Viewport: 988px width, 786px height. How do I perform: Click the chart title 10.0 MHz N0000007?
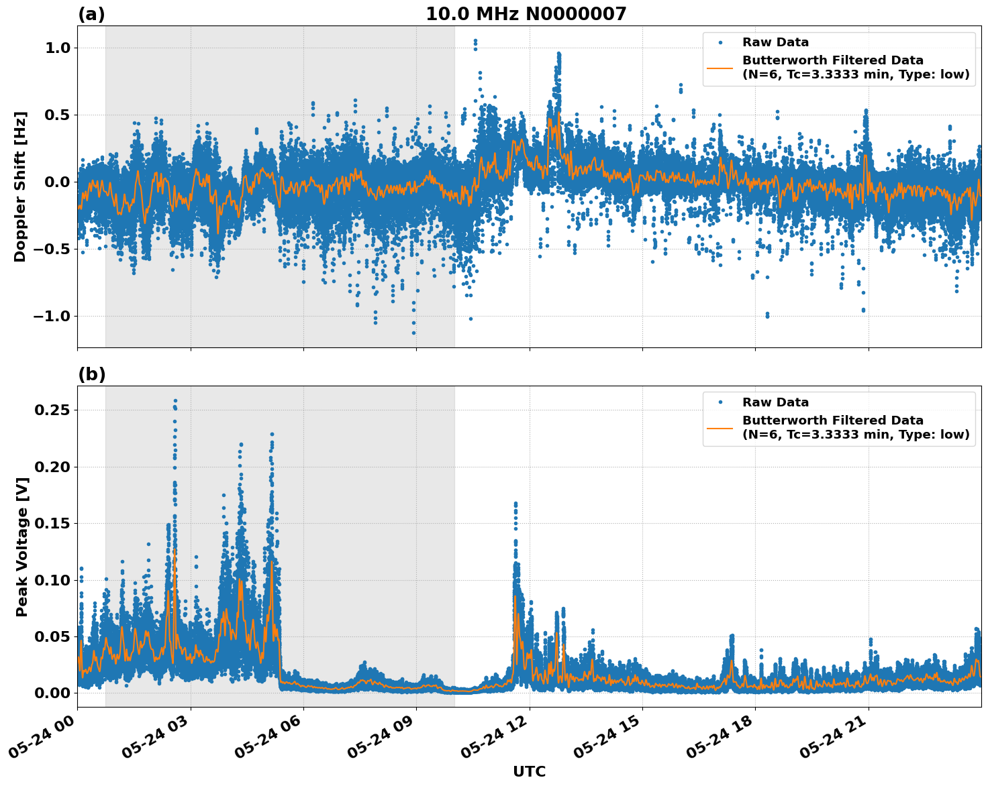pos(526,14)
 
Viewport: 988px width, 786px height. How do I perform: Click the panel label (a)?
pos(91,14)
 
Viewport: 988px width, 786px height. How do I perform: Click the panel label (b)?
pos(91,374)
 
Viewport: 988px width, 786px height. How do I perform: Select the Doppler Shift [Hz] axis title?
pos(20,186)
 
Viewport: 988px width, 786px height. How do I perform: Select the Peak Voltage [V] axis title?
pos(21,547)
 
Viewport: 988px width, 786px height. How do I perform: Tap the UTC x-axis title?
pos(529,771)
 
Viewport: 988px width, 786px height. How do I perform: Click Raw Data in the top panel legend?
pos(775,42)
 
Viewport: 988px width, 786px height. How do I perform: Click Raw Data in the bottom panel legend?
pos(775,402)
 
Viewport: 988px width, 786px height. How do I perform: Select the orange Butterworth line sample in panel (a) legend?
pos(720,67)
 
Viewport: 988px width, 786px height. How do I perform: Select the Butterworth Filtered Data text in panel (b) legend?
pos(832,420)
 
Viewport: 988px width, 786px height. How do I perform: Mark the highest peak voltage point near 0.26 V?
pos(175,401)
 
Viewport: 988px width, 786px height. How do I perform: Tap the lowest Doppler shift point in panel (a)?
pos(413,333)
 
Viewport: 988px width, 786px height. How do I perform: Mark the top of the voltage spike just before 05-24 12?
pos(515,503)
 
